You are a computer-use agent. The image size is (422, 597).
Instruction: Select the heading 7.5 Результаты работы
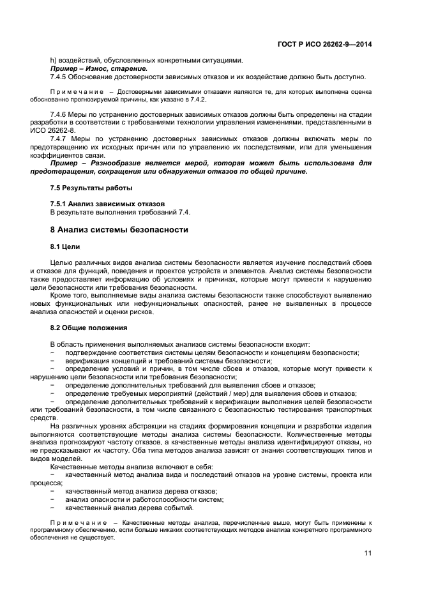82,188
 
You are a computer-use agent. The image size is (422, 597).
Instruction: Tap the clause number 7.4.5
60,77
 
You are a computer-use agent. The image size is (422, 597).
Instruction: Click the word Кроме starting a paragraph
61,295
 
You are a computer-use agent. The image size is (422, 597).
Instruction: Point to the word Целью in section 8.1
62,262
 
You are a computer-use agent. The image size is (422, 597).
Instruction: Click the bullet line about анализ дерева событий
129,508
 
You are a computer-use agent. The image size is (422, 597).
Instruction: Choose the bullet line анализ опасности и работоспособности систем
144,499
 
